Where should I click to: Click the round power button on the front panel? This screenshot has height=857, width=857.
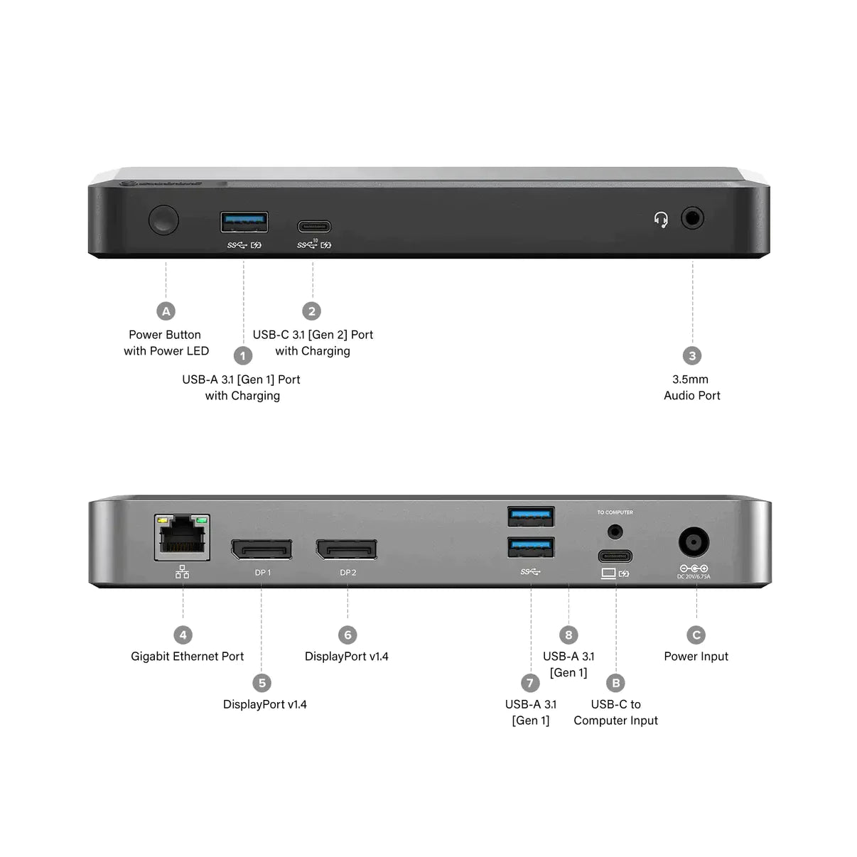pos(163,220)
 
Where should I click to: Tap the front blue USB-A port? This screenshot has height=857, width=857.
pos(244,222)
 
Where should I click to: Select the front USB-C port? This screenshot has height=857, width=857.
pos(313,227)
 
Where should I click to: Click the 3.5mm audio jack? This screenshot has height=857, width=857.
pos(692,217)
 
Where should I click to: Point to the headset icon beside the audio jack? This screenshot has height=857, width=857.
pos(661,220)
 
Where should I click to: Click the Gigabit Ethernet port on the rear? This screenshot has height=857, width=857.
pos(183,538)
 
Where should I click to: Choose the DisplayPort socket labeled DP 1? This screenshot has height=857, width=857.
pos(262,549)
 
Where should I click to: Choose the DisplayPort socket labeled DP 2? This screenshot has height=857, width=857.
pos(347,549)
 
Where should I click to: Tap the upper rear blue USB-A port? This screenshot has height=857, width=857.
pos(531,516)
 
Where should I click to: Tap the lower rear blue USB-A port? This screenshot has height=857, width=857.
pos(531,547)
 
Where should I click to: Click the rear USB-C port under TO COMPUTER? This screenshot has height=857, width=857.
pos(615,556)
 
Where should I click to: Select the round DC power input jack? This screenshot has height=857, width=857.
pos(694,542)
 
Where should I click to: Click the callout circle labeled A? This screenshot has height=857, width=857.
pos(166,311)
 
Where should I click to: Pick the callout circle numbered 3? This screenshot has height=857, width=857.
pos(692,355)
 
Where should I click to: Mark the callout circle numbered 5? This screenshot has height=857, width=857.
pos(262,683)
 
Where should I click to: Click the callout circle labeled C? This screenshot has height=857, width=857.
pos(696,635)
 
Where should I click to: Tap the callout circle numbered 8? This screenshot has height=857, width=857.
pos(568,635)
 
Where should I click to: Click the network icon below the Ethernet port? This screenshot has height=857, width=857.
pos(183,572)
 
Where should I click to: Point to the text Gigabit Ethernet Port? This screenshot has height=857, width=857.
pos(187,657)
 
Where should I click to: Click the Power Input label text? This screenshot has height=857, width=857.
pos(696,657)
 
